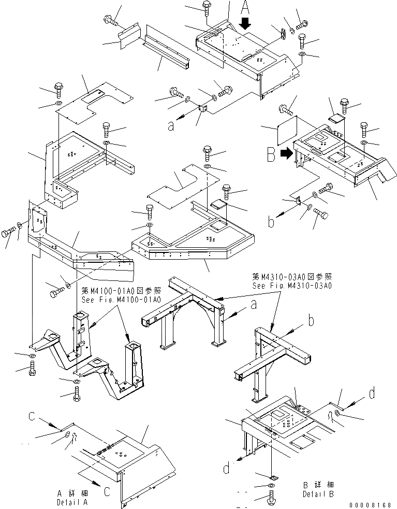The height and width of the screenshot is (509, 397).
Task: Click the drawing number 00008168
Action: [371, 504]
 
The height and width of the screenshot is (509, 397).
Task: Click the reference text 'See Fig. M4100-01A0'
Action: [121, 300]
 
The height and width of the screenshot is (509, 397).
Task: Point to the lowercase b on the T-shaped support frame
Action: [311, 321]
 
